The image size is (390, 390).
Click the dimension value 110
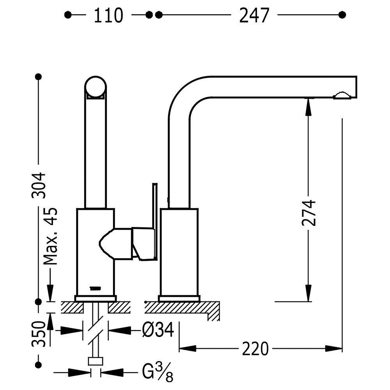108,16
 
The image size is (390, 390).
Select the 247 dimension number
254,16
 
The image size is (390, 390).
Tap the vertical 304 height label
39,185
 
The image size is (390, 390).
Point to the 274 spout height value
308,213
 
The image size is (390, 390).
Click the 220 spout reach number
255,349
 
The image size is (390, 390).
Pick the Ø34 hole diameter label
158,330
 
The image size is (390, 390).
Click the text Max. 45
50,236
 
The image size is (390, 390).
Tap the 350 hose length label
39,334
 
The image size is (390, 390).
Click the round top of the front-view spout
96,87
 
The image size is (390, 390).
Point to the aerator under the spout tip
342,96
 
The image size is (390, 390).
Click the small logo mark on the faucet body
95,288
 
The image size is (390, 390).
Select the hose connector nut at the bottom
96,362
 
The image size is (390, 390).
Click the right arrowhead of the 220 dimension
334,348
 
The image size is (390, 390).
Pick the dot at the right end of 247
342,15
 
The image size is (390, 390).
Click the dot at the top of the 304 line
38,76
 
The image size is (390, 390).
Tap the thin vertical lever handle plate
155,222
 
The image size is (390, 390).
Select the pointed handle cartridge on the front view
116,244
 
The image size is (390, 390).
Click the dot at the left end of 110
67,15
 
